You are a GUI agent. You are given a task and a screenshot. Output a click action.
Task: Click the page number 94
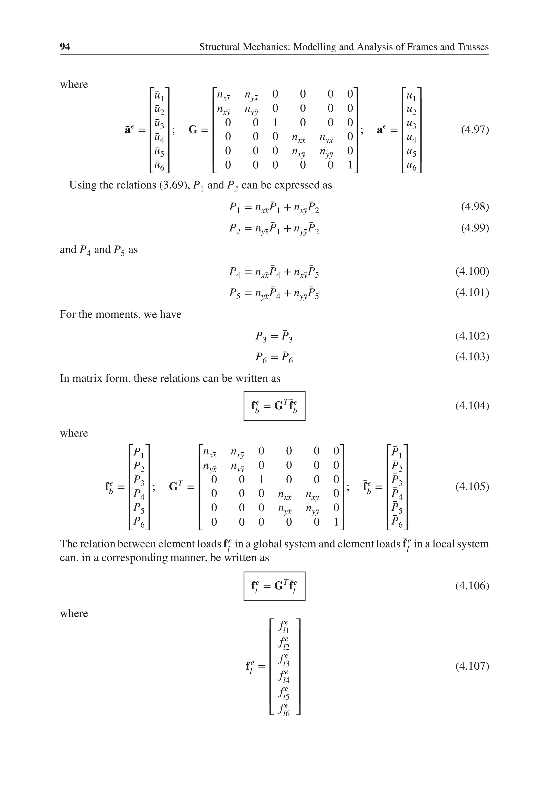(65, 47)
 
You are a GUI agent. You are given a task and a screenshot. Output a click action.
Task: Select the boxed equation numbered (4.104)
(274, 406)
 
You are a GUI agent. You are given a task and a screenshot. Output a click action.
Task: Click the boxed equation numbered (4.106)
(274, 586)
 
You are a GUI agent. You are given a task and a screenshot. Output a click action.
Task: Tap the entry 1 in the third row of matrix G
(275, 122)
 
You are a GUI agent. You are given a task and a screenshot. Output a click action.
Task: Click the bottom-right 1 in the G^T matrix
(336, 522)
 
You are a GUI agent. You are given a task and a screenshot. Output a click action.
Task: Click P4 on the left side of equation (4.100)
(235, 272)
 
